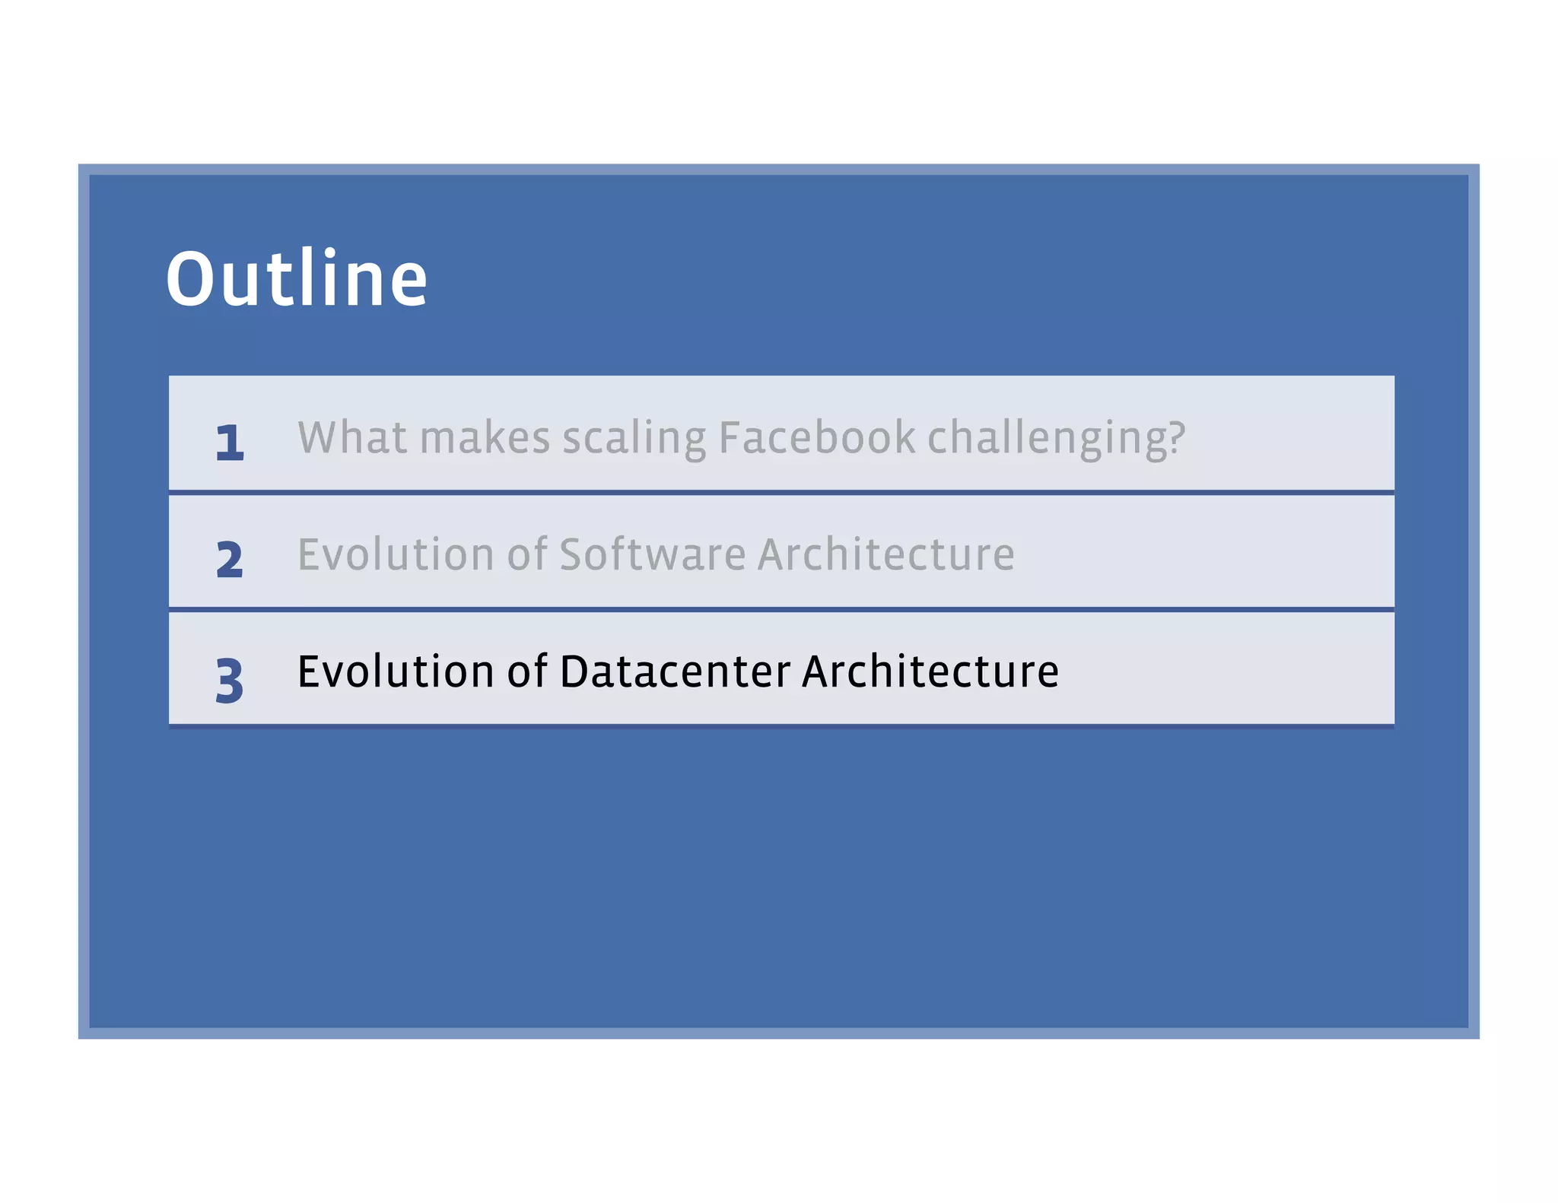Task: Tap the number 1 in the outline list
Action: [x=229, y=443]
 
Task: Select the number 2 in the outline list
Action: [x=229, y=560]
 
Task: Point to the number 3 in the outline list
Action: [x=229, y=680]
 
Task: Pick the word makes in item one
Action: [x=485, y=439]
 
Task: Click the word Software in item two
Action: [x=653, y=554]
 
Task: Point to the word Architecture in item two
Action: [x=886, y=554]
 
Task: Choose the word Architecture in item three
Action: [x=930, y=671]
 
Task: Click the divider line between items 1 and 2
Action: [x=781, y=493]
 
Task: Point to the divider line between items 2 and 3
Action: [x=781, y=609]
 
